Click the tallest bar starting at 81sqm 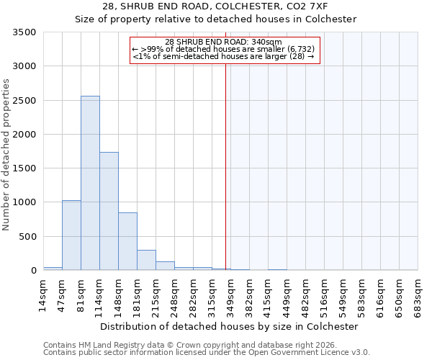90,183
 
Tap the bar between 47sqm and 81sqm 71,235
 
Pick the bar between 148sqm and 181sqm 127,241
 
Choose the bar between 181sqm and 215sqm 146,260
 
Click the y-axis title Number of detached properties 6,155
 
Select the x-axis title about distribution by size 229,326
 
